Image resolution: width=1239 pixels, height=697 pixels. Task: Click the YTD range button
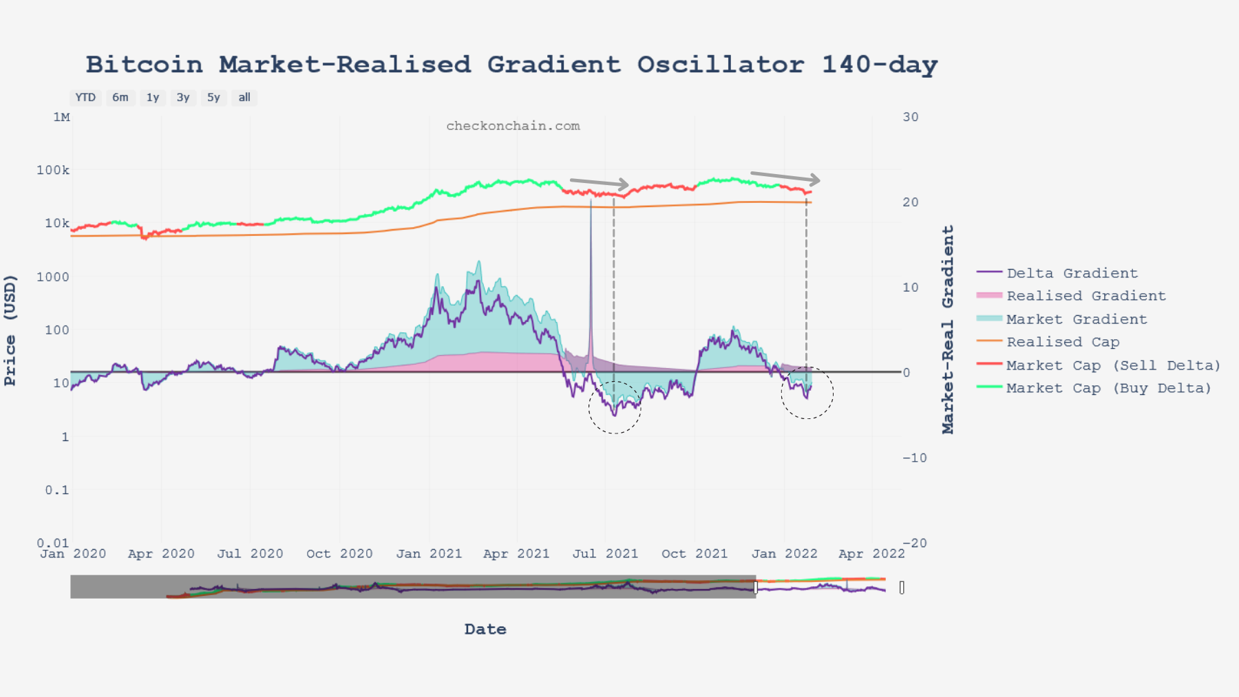point(85,98)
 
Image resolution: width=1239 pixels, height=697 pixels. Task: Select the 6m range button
point(120,98)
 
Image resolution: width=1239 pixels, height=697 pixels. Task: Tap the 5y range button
point(213,98)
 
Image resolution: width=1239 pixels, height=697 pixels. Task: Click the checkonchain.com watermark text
point(513,126)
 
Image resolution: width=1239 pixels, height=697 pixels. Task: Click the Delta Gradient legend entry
point(1072,273)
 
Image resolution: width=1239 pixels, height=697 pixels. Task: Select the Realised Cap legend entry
point(1062,342)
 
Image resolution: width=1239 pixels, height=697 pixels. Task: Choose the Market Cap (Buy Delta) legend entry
point(1108,388)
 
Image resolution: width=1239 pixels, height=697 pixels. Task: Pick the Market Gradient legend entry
point(1077,319)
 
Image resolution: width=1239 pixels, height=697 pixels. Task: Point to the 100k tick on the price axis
point(53,170)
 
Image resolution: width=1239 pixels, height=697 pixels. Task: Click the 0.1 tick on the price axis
point(57,490)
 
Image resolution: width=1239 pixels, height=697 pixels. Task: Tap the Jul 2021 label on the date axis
point(605,554)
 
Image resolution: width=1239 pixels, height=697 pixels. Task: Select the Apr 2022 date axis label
point(871,554)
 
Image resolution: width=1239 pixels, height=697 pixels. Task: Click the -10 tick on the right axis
point(915,458)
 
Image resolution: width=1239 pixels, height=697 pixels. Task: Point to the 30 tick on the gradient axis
point(911,117)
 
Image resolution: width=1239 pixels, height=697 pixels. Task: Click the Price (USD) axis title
point(10,330)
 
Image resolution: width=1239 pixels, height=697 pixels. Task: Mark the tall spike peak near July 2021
point(591,200)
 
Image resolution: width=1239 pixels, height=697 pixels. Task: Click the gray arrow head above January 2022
point(815,180)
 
